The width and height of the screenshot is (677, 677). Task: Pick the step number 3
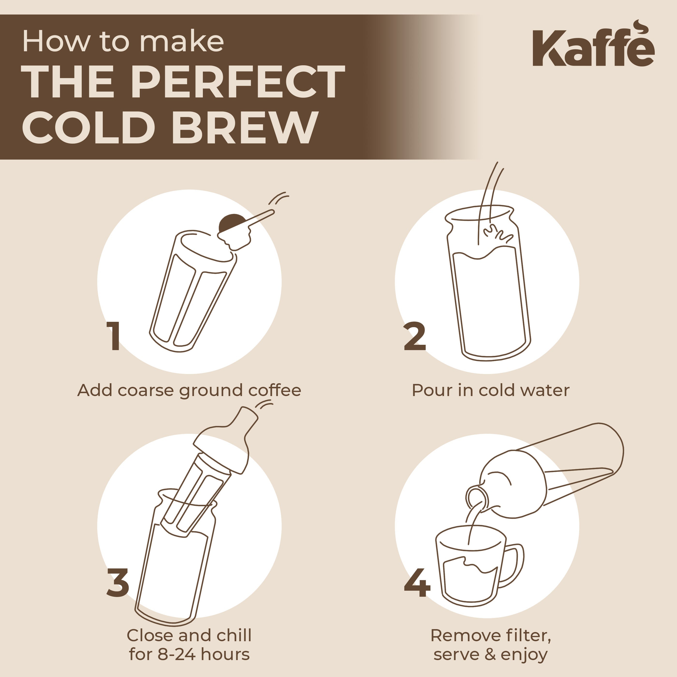(x=118, y=582)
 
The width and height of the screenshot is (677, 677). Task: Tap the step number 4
(x=417, y=582)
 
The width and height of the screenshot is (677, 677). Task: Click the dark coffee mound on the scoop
(x=232, y=222)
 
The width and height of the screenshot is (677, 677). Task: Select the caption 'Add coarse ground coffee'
(x=189, y=390)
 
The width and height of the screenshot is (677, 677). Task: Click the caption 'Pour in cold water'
(x=490, y=390)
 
